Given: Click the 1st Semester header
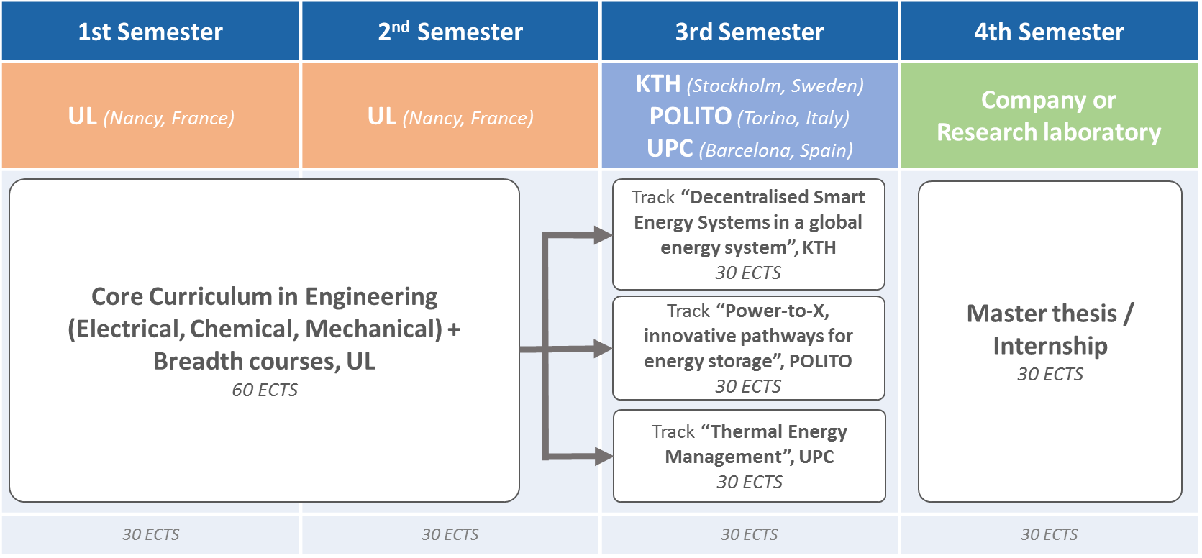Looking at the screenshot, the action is pyautogui.click(x=150, y=32).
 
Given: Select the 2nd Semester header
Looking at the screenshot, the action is pyautogui.click(x=450, y=32).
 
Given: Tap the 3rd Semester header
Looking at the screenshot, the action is pyautogui.click(x=749, y=32).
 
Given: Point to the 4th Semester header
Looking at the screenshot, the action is pyautogui.click(x=1049, y=32).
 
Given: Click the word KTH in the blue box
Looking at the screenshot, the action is pyautogui.click(x=658, y=84).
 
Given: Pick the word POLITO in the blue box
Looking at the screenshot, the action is pyautogui.click(x=690, y=116).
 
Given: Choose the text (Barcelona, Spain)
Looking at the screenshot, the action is pyautogui.click(x=776, y=150).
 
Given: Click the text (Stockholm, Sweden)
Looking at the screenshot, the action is pyautogui.click(x=775, y=86).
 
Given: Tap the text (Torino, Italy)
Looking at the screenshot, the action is pyautogui.click(x=793, y=118).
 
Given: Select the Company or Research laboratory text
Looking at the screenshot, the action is pyautogui.click(x=1049, y=116).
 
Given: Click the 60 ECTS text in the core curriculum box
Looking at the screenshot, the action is pyautogui.click(x=265, y=390).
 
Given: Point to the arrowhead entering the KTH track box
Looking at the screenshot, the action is pyautogui.click(x=603, y=235).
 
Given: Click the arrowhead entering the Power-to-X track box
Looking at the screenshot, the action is pyautogui.click(x=603, y=349).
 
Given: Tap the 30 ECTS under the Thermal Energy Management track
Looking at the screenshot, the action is pyautogui.click(x=749, y=482).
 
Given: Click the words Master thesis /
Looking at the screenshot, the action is pyautogui.click(x=1050, y=314).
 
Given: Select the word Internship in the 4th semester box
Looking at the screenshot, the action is pyautogui.click(x=1050, y=346).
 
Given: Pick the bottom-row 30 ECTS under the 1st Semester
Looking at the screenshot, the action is pyautogui.click(x=151, y=534).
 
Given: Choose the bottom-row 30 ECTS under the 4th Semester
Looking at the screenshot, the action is pyautogui.click(x=1049, y=534).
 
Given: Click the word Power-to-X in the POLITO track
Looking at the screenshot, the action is pyautogui.click(x=773, y=311).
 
